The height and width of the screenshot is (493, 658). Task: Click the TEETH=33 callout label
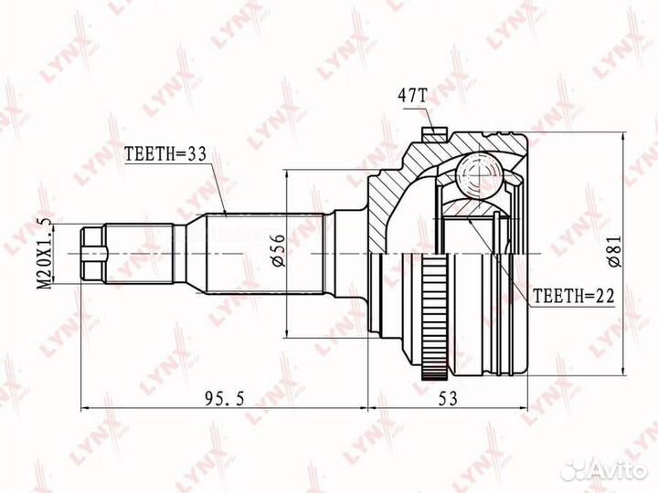164,154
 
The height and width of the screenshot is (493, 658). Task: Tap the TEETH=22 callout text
573,296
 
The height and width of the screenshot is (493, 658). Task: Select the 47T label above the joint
411,97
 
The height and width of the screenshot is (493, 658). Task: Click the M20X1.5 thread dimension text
44,253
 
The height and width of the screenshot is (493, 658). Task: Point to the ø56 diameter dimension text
278,251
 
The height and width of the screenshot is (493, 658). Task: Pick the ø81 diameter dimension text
614,251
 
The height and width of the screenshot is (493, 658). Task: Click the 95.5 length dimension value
224,399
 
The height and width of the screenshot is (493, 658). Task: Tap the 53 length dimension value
447,399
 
